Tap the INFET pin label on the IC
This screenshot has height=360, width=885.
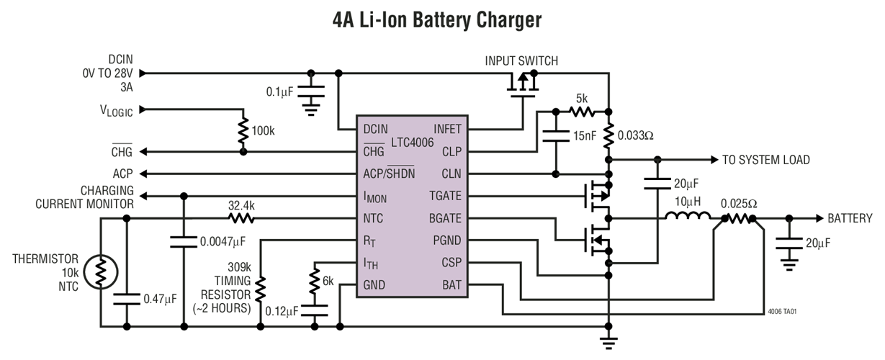[x=446, y=130]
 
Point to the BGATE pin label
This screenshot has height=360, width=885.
[x=444, y=218]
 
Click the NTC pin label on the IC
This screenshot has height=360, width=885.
[x=373, y=218]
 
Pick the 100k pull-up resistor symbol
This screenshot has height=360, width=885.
[x=243, y=131]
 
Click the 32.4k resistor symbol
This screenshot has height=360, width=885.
[x=242, y=218]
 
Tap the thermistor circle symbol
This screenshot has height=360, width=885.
[x=99, y=272]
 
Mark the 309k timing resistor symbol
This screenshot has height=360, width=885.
[x=260, y=288]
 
